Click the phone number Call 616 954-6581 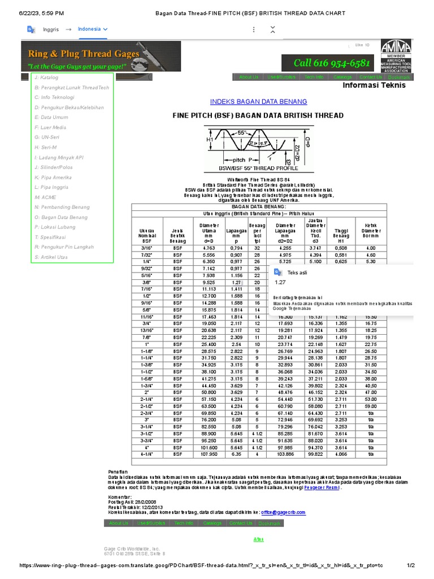coord(332,63)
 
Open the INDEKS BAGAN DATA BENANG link coord(258,102)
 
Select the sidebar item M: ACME coord(46,197)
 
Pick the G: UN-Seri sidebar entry coord(47,137)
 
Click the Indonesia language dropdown coord(93,29)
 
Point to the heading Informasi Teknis coord(374,86)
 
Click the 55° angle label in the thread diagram coord(242,132)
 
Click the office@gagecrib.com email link coord(284,512)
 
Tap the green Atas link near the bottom coord(258,539)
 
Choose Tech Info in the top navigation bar coord(314,77)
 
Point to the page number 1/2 coord(411,565)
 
